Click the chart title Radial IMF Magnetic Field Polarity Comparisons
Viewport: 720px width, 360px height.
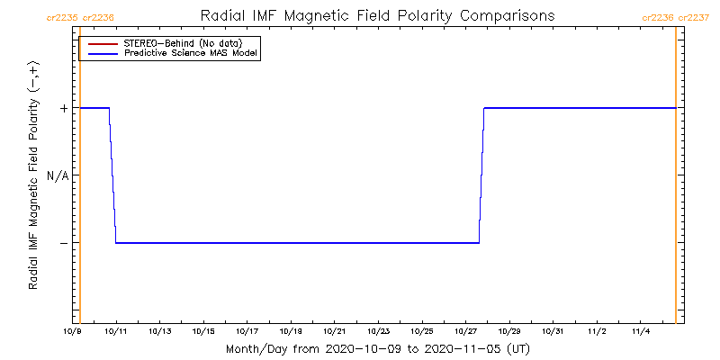(377, 16)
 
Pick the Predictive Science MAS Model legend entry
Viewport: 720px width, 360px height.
(191, 54)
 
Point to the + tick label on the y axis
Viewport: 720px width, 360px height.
(63, 108)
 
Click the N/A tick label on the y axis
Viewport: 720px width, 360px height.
(58, 175)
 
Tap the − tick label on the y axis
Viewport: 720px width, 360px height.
(63, 243)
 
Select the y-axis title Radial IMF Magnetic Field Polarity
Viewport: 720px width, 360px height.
(33, 180)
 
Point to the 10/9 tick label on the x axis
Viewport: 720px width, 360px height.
(71, 332)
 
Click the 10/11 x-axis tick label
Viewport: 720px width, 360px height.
(116, 332)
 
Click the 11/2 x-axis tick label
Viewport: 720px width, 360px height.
(597, 332)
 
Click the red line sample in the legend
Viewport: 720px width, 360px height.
(100, 43)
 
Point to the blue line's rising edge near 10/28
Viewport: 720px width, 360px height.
(481, 175)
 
